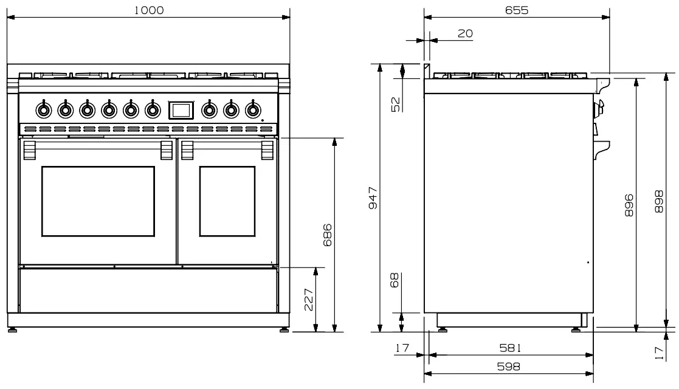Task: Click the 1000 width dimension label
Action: (x=149, y=10)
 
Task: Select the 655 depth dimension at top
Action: (x=516, y=10)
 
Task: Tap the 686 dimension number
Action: (x=328, y=235)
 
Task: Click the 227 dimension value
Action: (x=308, y=300)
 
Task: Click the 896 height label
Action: (x=629, y=205)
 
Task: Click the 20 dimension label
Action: (x=465, y=34)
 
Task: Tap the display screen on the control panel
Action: (x=181, y=110)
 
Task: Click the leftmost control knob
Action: (x=43, y=110)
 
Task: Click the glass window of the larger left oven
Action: (x=98, y=201)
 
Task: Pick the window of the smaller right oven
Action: (x=227, y=201)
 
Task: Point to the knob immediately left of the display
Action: (x=153, y=110)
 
